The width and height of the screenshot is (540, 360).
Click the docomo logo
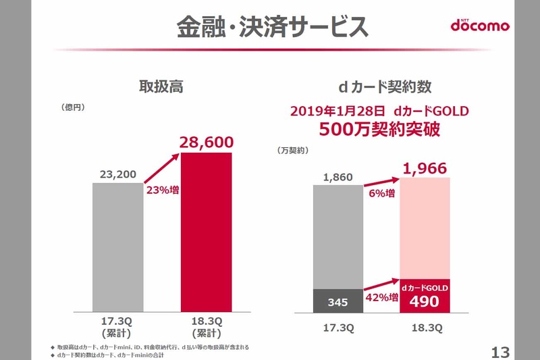pyautogui.click(x=480, y=26)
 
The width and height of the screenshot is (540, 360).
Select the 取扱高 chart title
pyautogui.click(x=161, y=87)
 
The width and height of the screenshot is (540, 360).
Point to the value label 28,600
pyautogui.click(x=207, y=143)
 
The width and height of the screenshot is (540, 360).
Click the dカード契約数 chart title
pyautogui.click(x=385, y=87)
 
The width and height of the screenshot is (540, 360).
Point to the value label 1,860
pyautogui.click(x=338, y=178)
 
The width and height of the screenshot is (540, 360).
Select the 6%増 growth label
pyautogui.click(x=382, y=192)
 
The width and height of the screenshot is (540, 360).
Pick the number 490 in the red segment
pyautogui.click(x=426, y=303)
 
